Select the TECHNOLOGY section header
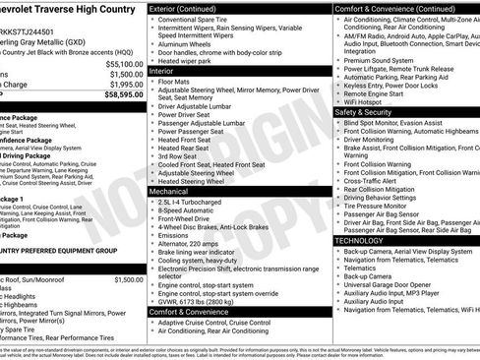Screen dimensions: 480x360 tap(360, 240)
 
